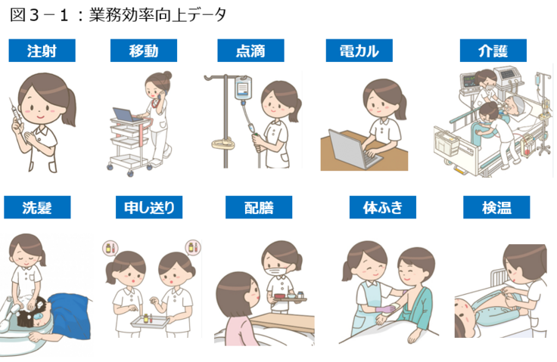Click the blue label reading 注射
(42, 51)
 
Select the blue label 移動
(144, 51)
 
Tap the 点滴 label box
(250, 51)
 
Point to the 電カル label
(359, 51)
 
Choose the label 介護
(493, 51)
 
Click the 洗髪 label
(37, 207)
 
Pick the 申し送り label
(149, 207)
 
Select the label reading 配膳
(259, 207)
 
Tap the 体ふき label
(383, 207)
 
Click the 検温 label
(496, 207)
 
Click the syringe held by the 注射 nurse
(17, 113)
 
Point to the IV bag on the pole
(243, 88)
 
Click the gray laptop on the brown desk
(352, 150)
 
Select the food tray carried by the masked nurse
(289, 298)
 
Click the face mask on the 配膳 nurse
(278, 272)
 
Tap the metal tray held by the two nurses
(149, 322)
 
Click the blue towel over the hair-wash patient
(70, 314)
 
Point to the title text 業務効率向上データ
(157, 15)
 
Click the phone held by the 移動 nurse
(160, 96)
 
